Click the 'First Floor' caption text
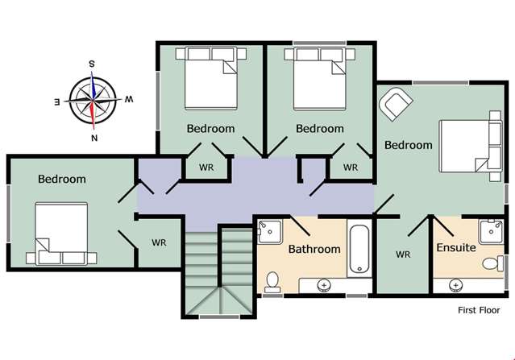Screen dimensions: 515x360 (479, 310)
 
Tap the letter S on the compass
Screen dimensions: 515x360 (92, 64)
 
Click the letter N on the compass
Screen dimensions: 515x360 (94, 139)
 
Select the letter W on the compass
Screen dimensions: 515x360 (129, 99)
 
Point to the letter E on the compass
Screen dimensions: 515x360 (57, 102)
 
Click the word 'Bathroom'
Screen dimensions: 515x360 (314, 249)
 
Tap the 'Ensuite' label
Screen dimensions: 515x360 (456, 247)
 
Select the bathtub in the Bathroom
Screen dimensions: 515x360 (359, 248)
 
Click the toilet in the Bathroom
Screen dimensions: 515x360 (272, 282)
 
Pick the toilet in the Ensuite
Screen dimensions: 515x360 (492, 263)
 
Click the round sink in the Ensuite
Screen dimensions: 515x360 (455, 285)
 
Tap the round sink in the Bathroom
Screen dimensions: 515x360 (324, 285)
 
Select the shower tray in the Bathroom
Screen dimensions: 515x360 (270, 232)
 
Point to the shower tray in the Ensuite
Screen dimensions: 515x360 (491, 232)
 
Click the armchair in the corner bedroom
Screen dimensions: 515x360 (395, 103)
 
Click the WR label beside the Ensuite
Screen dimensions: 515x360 (403, 254)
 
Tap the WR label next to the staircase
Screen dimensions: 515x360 (159, 243)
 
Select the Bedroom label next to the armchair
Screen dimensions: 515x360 (409, 145)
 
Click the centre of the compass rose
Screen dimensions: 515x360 (93, 100)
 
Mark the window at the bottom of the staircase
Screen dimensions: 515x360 (219, 317)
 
